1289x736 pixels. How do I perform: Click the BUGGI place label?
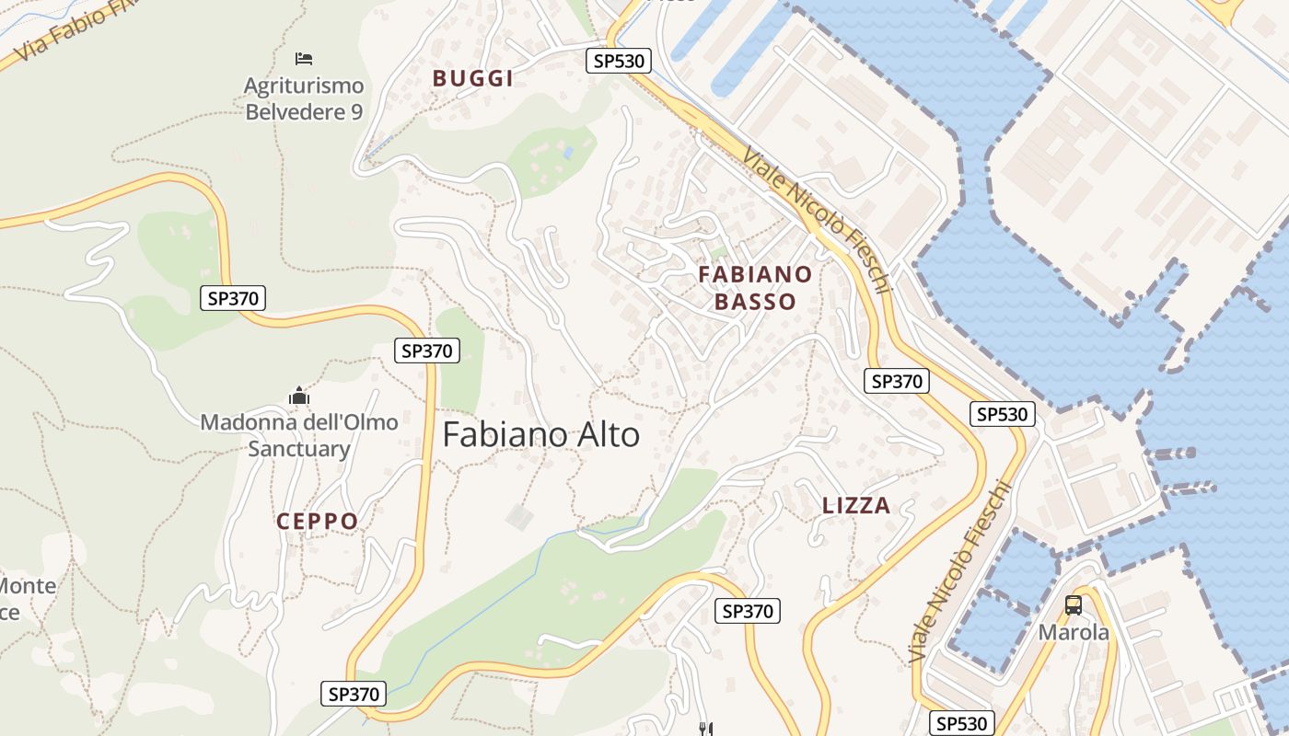point(473,78)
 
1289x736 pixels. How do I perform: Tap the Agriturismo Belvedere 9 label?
point(304,98)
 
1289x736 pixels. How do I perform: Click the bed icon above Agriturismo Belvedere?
point(304,59)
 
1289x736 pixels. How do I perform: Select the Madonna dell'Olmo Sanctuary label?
point(299,435)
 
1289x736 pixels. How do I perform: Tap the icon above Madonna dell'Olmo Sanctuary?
point(299,397)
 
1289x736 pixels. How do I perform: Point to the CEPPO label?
point(318,522)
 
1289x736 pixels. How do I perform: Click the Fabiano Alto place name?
point(540,434)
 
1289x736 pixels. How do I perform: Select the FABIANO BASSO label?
point(755,288)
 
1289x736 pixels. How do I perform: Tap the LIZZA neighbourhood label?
point(856,505)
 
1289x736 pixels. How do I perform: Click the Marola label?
point(1074,633)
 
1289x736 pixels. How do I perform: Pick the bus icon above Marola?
point(1074,605)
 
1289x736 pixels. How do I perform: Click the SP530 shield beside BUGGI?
point(619,61)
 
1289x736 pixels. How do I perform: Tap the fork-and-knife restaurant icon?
point(706,729)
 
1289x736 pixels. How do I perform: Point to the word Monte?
point(28,586)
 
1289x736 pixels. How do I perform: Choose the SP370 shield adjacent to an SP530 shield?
point(897,381)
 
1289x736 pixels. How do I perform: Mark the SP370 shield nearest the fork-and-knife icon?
point(748,611)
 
